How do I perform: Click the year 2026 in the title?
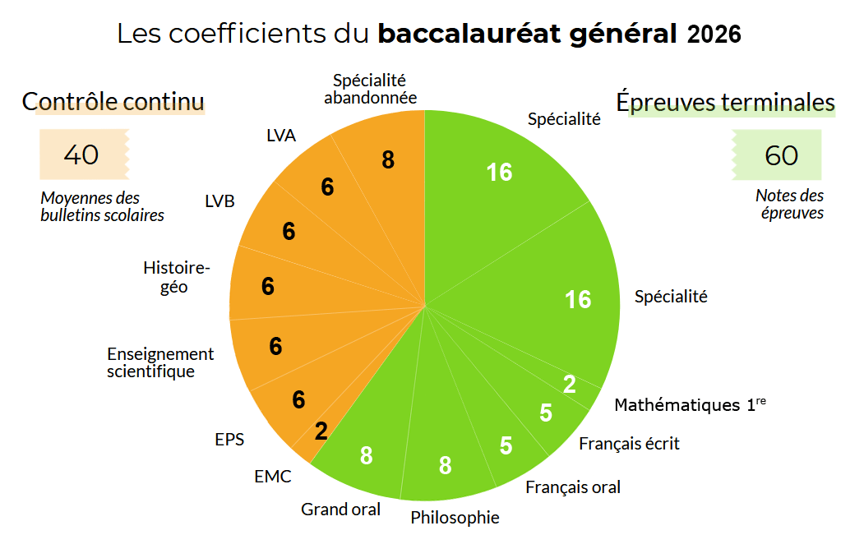pos(714,35)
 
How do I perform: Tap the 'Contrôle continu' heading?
pos(113,102)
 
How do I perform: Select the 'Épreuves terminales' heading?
pos(726,102)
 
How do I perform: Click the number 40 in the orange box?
pos(81,154)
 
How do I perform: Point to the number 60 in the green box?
pos(781,154)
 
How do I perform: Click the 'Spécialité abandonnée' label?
pos(370,89)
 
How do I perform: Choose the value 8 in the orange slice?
pos(388,160)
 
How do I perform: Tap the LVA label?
pos(281,135)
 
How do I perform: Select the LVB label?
pos(219,202)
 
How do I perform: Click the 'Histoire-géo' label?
pos(177,277)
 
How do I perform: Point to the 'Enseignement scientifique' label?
pos(160,362)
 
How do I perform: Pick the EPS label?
pos(229,439)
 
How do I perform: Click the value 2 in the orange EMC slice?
pos(321,431)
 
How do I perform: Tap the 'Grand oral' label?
pos(340,510)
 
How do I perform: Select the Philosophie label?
pos(455,518)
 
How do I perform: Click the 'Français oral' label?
pos(572,487)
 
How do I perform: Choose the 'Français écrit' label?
pos(629,444)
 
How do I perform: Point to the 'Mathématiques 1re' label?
pos(690,404)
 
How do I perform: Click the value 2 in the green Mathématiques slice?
pos(569,384)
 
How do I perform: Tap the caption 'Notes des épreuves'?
pos(789,204)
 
